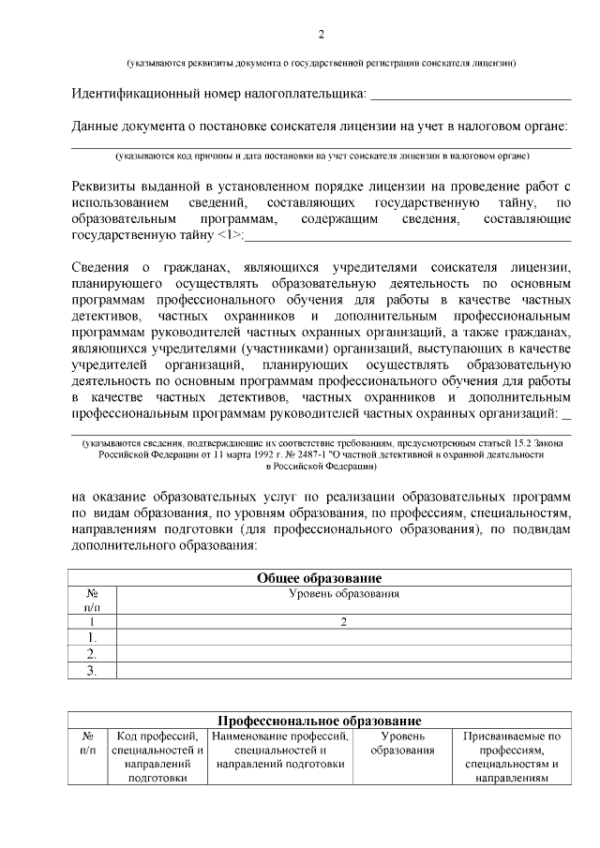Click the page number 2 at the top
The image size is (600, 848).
(x=321, y=36)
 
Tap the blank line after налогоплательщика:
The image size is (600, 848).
(x=471, y=95)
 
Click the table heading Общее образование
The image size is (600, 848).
(x=320, y=577)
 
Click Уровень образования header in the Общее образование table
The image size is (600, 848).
(x=344, y=594)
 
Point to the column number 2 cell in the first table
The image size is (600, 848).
(x=344, y=621)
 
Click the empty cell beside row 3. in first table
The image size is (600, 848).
(x=344, y=670)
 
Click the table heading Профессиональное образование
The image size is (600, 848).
(x=320, y=721)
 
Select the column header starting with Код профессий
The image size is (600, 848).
(x=157, y=764)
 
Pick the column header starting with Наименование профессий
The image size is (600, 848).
(x=280, y=751)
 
